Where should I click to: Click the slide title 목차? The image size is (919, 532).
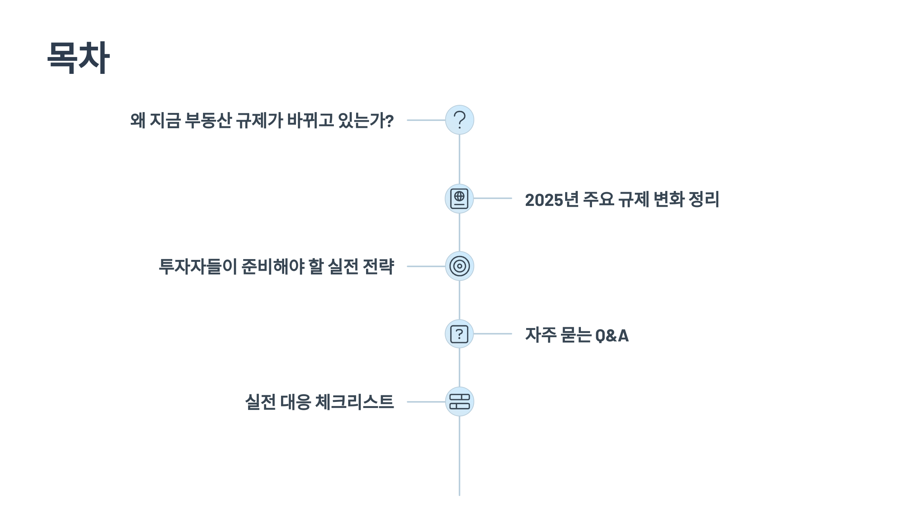78,57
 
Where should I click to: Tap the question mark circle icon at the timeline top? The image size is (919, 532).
459,120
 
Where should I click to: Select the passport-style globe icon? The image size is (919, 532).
459,199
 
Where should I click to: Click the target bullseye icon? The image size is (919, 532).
459,266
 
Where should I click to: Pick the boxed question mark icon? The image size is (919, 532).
459,334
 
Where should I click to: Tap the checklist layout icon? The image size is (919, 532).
459,401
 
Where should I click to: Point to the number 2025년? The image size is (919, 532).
552,199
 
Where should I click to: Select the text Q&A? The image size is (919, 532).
612,335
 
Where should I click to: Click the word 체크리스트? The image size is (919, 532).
354,402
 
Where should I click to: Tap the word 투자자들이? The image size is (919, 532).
198,266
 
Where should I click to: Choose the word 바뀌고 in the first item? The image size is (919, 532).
311,120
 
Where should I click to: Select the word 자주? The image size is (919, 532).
541,335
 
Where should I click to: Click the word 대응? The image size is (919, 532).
295,402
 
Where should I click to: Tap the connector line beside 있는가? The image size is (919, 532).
426,120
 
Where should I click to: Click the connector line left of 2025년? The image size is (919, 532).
493,198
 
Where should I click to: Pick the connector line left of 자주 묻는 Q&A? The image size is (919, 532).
493,334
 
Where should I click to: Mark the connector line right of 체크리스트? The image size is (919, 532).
426,402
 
